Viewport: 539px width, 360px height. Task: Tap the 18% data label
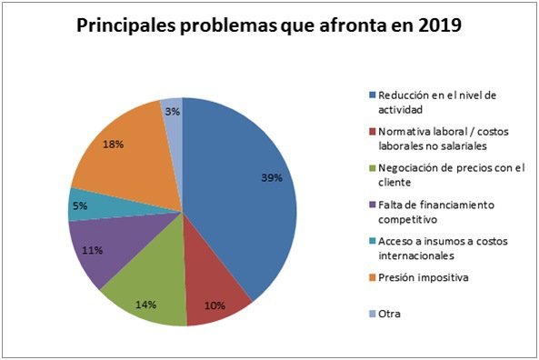[114, 144]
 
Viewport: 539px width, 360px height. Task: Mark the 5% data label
[81, 206]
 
